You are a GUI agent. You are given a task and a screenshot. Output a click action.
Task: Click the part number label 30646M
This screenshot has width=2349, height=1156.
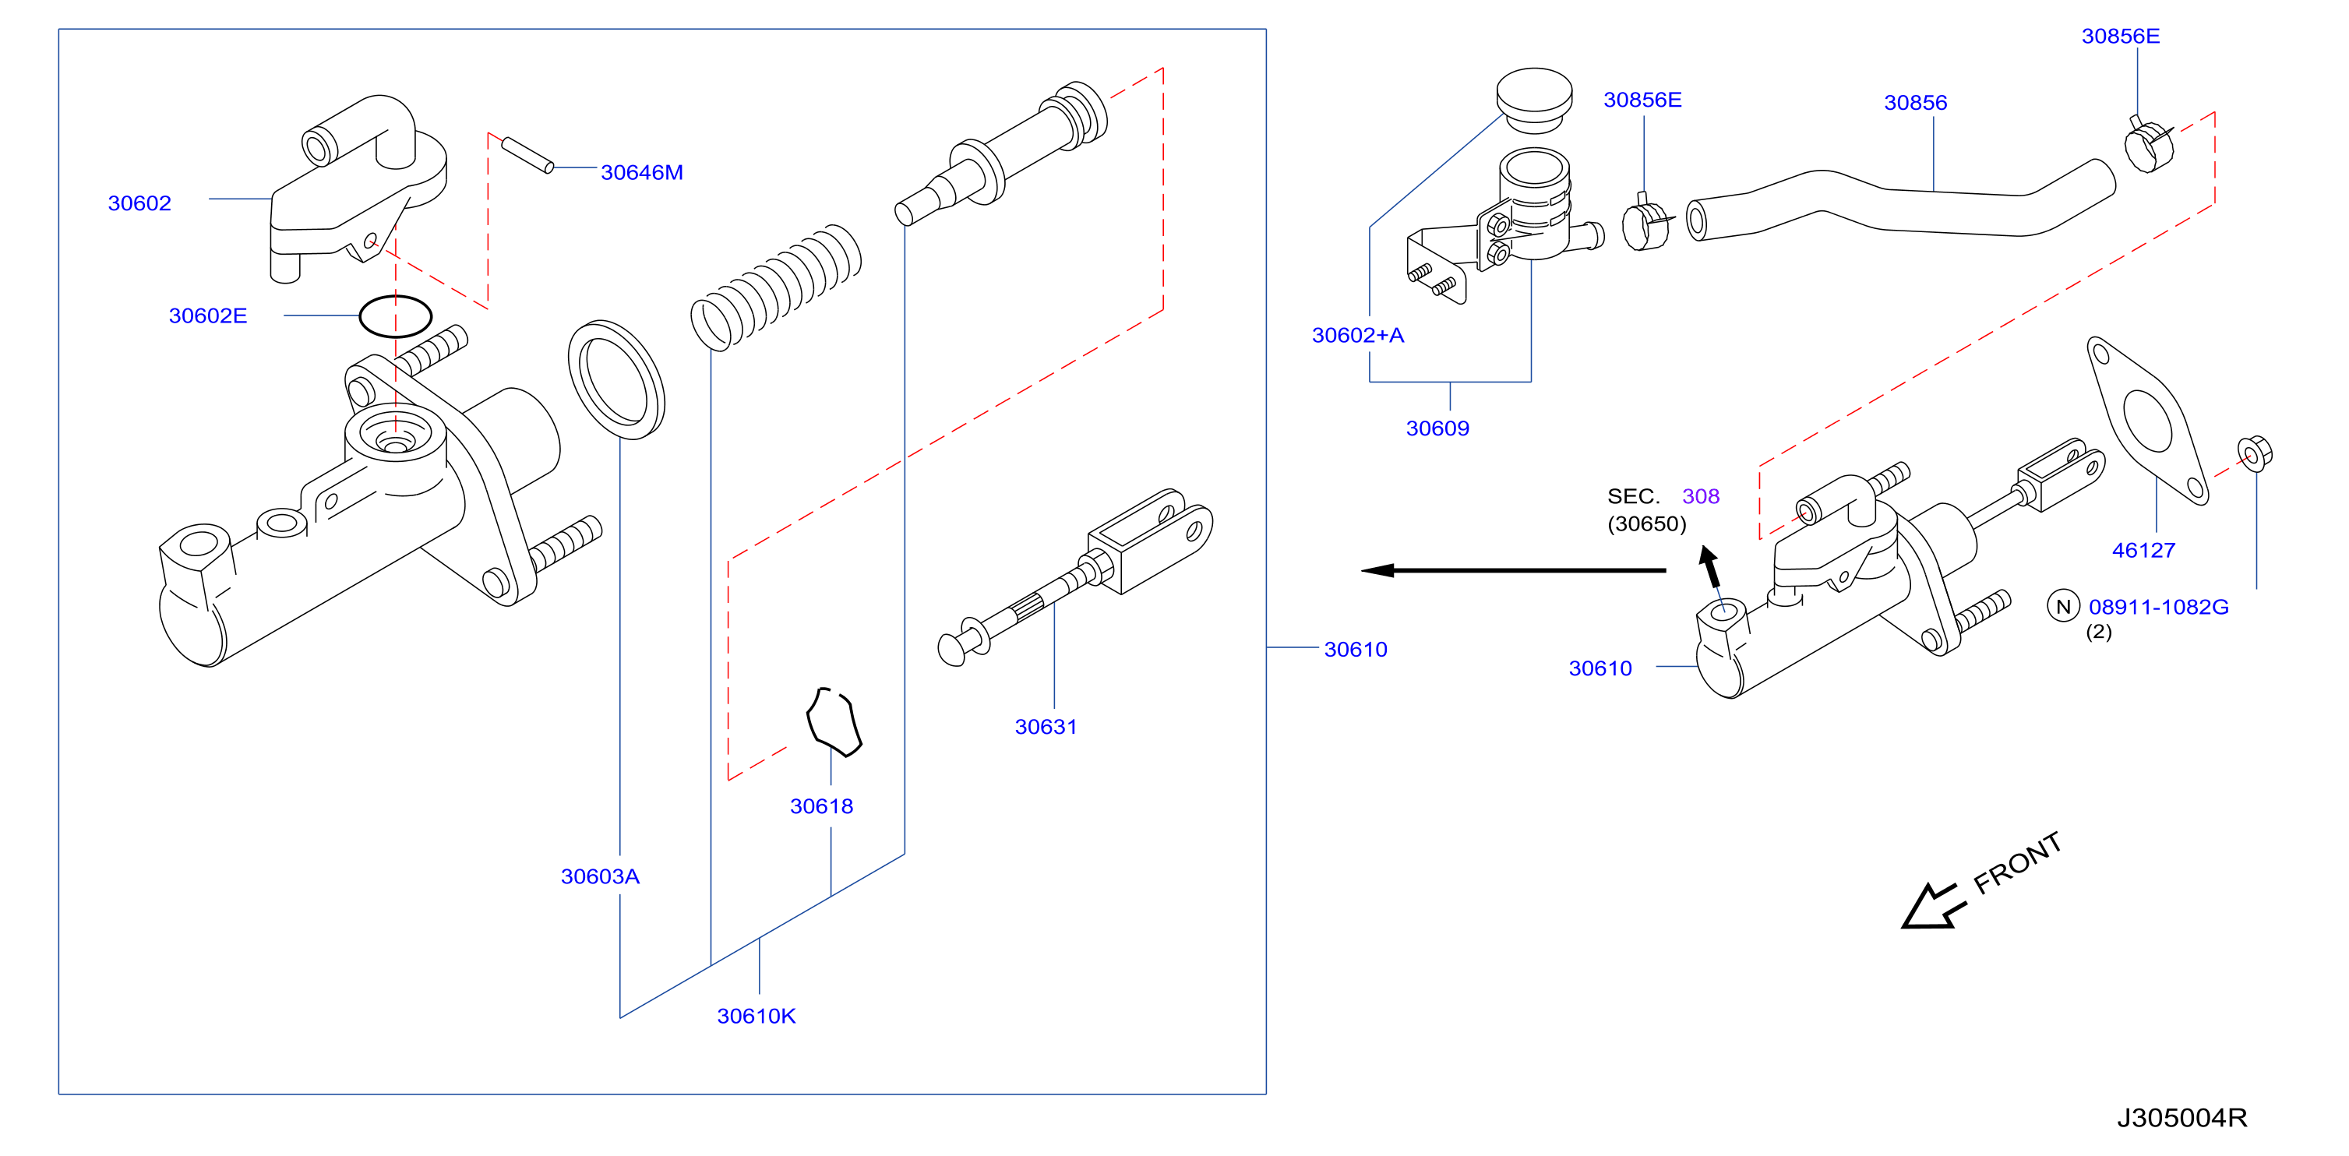click(x=641, y=172)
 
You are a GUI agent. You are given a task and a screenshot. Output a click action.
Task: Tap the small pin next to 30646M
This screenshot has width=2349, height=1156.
click(x=527, y=154)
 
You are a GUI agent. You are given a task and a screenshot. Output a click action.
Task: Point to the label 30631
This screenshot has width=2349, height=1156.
click(x=1046, y=727)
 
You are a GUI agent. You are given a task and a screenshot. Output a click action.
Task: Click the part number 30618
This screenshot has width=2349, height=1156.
click(x=822, y=806)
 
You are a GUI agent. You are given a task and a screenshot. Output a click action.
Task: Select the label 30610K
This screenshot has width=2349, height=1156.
click(x=756, y=1016)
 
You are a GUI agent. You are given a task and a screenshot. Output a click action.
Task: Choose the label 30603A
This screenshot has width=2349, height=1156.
click(x=600, y=876)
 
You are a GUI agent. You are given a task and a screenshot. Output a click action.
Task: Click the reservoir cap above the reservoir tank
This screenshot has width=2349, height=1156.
click(x=1534, y=100)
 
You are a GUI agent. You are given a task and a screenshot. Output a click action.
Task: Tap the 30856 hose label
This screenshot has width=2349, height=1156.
click(x=1915, y=103)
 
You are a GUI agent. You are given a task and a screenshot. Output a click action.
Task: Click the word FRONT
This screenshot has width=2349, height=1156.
click(x=2017, y=862)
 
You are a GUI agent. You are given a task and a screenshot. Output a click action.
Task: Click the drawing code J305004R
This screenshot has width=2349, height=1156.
click(x=2181, y=1118)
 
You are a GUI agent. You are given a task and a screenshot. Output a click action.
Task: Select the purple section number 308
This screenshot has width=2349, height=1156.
click(x=1701, y=497)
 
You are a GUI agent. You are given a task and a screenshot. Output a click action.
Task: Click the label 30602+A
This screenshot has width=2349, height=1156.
click(x=1358, y=336)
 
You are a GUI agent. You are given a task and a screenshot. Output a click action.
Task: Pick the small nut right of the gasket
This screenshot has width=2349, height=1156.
click(x=2254, y=453)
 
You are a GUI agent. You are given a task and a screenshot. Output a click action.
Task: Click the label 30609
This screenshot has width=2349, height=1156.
click(x=1437, y=428)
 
